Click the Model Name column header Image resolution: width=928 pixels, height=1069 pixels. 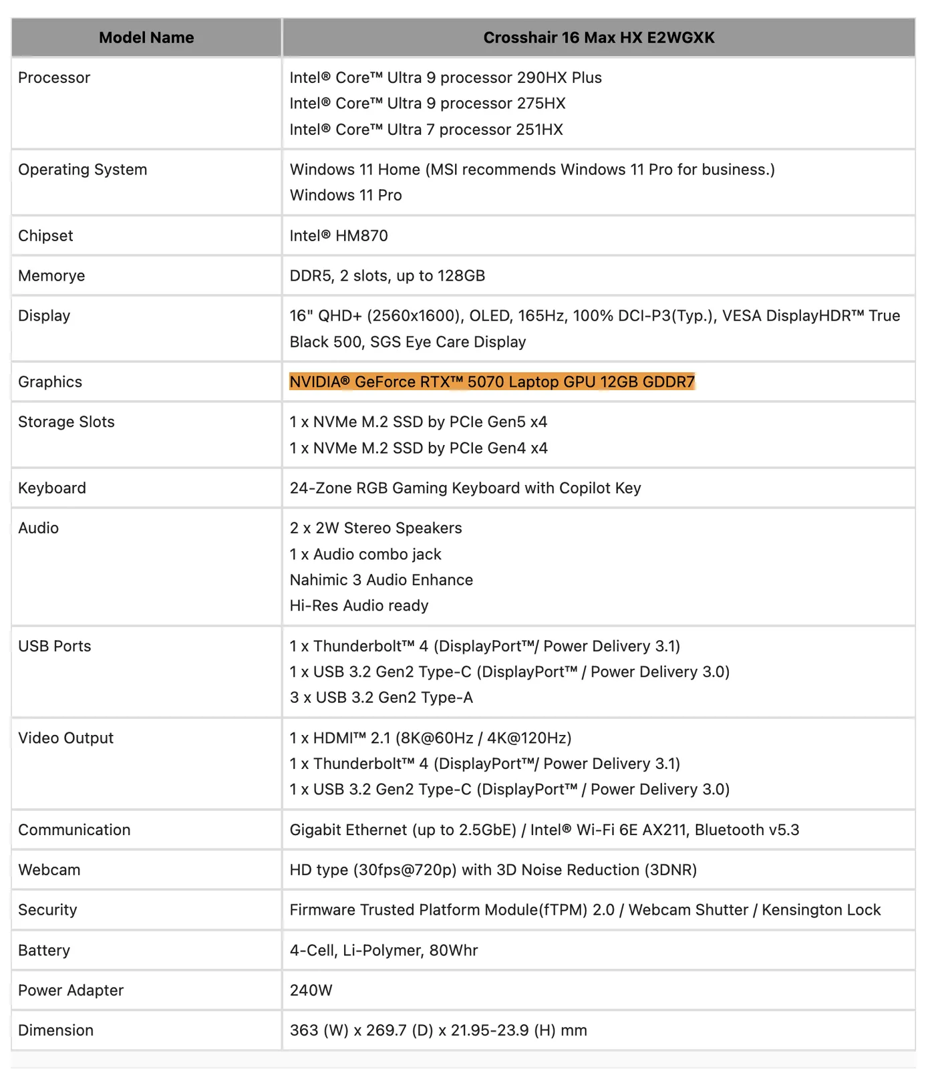tap(146, 37)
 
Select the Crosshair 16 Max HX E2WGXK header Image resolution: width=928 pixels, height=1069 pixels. tap(599, 37)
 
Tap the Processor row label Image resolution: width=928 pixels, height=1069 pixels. tap(54, 78)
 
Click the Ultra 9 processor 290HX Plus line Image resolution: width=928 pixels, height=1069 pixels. tap(446, 78)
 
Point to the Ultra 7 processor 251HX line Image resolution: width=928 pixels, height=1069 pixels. tap(426, 130)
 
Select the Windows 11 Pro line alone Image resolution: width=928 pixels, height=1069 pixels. tap(345, 195)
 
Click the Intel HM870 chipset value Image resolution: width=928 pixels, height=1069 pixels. tap(339, 235)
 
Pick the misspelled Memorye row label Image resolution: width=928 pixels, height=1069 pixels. tap(51, 275)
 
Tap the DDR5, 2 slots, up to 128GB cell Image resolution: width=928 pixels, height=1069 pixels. tap(388, 275)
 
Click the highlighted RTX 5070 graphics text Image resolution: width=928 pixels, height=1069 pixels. tap(492, 381)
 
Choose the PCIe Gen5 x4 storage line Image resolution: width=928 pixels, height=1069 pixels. tap(418, 422)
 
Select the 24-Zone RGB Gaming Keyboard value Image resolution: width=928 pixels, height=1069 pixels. tap(465, 488)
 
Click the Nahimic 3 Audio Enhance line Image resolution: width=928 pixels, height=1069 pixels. tap(381, 580)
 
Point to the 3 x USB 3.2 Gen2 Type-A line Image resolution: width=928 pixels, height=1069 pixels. tap(381, 698)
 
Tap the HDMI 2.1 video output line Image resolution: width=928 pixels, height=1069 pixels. tap(430, 738)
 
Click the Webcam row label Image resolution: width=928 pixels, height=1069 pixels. tap(49, 870)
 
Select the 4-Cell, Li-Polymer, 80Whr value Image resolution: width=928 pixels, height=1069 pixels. tap(383, 950)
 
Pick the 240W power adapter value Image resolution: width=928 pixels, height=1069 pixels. tap(311, 990)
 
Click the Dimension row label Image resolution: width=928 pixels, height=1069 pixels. tap(56, 1030)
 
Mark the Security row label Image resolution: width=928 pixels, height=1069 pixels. tap(47, 910)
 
